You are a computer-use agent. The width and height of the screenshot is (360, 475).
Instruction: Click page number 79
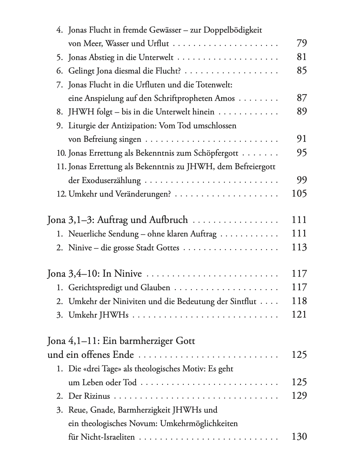[302, 43]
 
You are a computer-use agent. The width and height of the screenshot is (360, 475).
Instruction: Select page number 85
[302, 71]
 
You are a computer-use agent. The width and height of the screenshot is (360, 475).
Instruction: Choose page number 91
[302, 139]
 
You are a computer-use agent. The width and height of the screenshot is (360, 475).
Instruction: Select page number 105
[299, 194]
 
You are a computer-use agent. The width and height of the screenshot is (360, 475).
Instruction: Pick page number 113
[299, 248]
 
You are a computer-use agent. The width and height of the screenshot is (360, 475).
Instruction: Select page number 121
[299, 315]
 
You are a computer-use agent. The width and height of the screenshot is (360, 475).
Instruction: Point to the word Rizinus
[97, 396]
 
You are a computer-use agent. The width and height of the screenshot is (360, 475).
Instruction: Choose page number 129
[299, 396]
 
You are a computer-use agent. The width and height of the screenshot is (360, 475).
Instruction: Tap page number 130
[299, 437]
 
